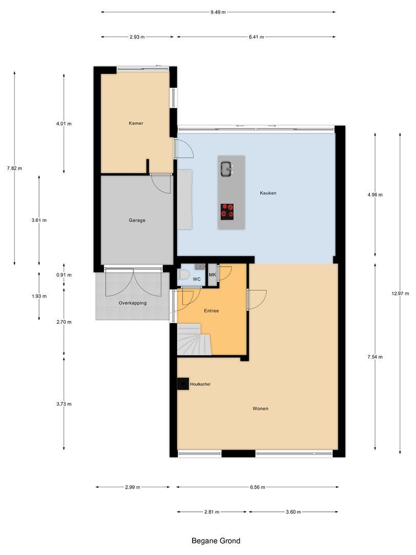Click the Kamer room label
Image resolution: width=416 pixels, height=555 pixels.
coord(136,123)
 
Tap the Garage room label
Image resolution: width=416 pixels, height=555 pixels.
coord(137,220)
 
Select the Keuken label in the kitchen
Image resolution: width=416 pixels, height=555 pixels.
coord(268,193)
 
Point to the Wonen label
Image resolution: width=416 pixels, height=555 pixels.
coord(260,409)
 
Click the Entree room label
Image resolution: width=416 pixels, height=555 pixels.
coord(212,311)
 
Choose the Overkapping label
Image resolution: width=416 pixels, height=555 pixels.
coord(133,303)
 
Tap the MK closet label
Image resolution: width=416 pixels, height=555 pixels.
coord(212,274)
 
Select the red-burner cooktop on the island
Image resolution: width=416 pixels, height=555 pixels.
coord(227,212)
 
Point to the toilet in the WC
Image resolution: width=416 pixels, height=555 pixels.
coord(183,274)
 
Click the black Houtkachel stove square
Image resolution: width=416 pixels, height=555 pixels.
coord(183,384)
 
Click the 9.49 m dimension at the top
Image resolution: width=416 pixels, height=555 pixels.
coord(218,12)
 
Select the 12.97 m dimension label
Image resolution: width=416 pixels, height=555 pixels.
coord(400,293)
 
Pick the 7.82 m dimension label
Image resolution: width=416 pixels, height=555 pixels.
coord(14,168)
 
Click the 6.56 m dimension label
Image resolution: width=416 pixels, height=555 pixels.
coord(257,487)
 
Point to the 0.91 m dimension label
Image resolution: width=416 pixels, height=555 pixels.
coord(64,274)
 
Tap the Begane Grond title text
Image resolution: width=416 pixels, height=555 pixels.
coord(216,541)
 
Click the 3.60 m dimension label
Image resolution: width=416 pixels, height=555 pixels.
coord(293,512)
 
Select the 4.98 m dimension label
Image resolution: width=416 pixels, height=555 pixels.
coord(375,195)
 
